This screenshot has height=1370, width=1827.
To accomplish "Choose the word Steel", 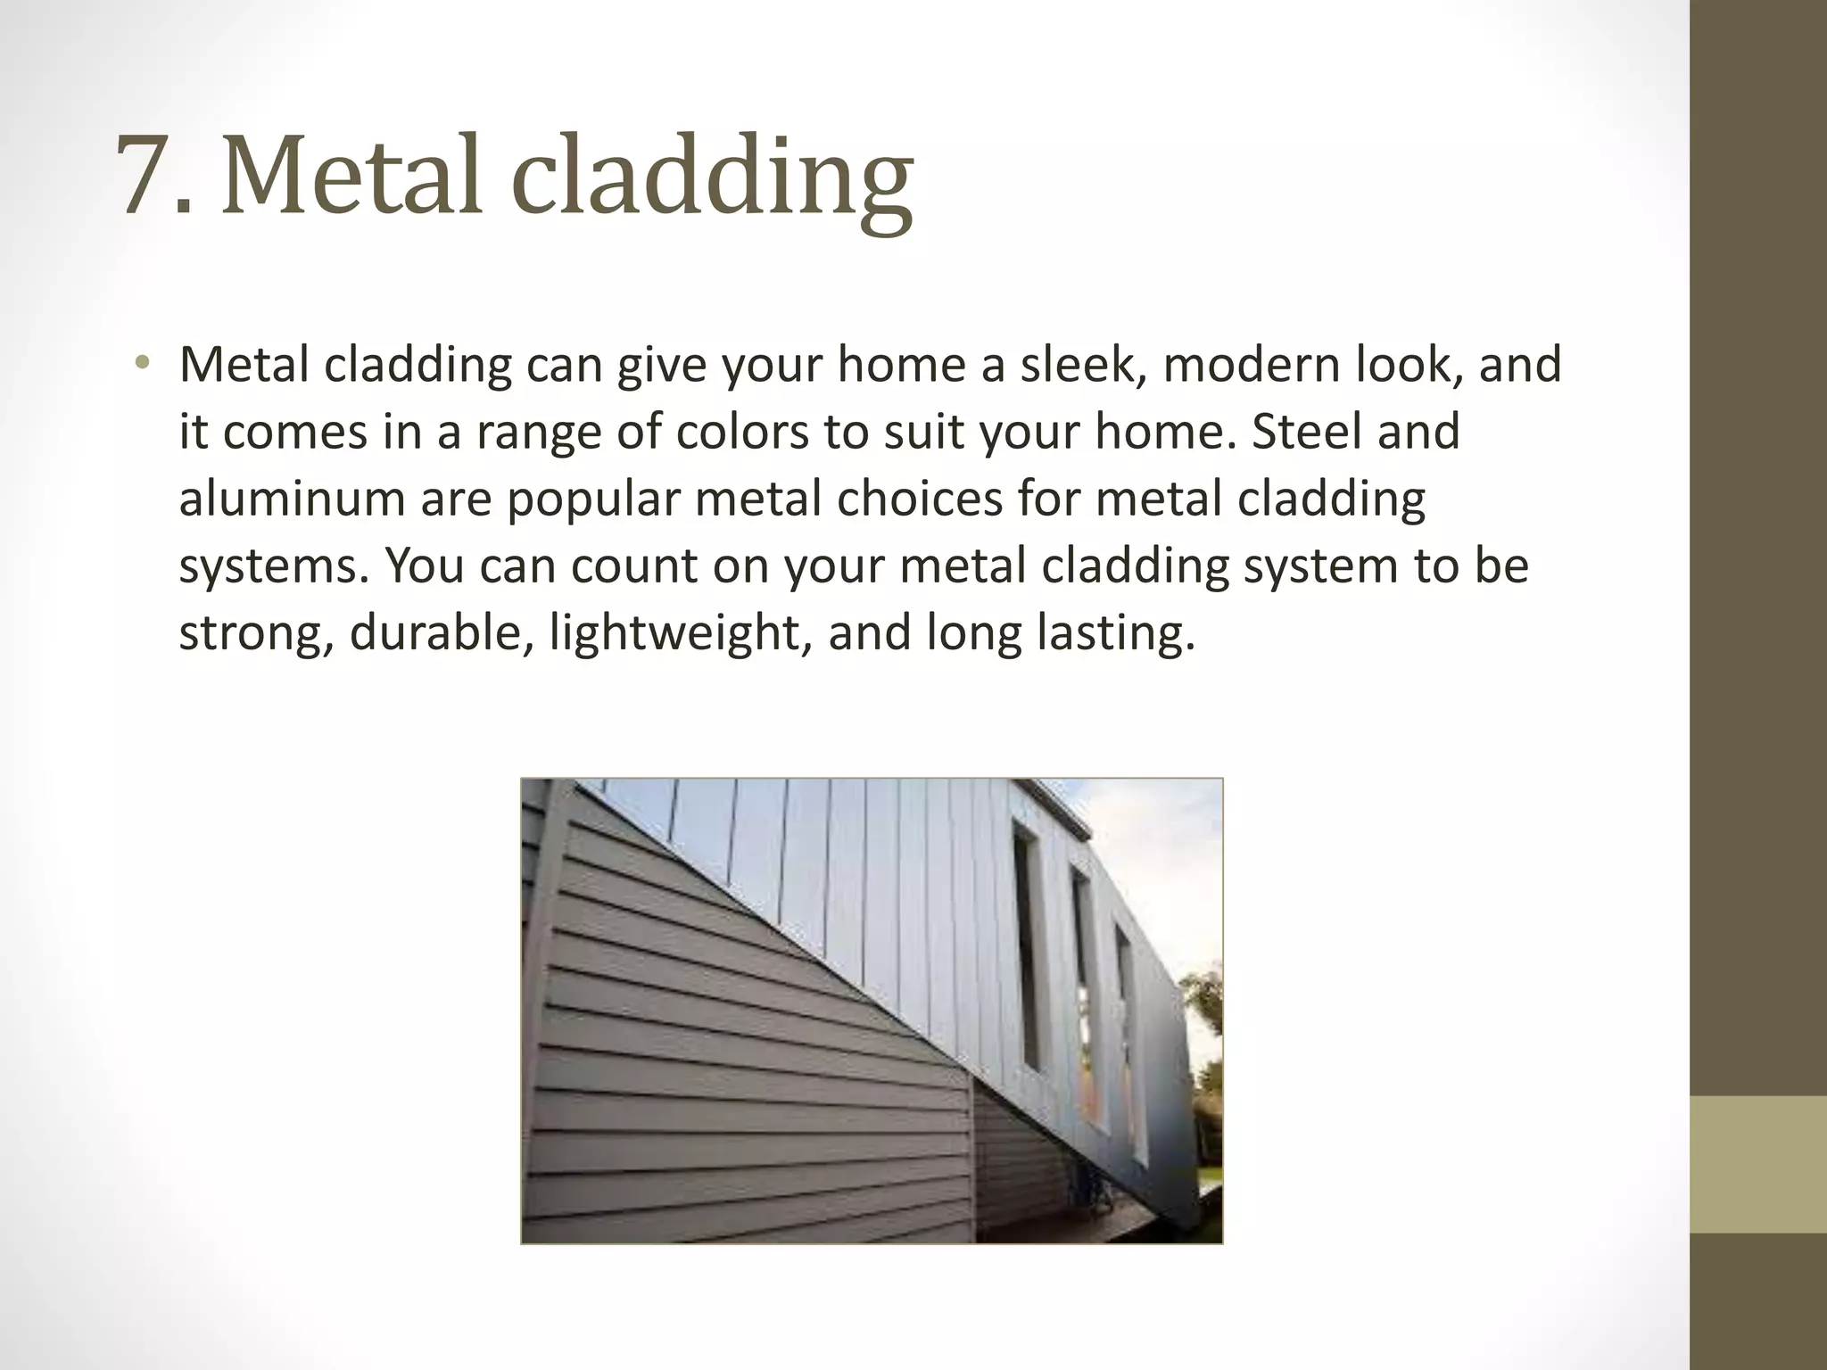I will pos(1306,432).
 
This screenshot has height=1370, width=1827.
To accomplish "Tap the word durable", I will pos(441,632).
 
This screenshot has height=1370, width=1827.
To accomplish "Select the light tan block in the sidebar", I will pos(1757,1164).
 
